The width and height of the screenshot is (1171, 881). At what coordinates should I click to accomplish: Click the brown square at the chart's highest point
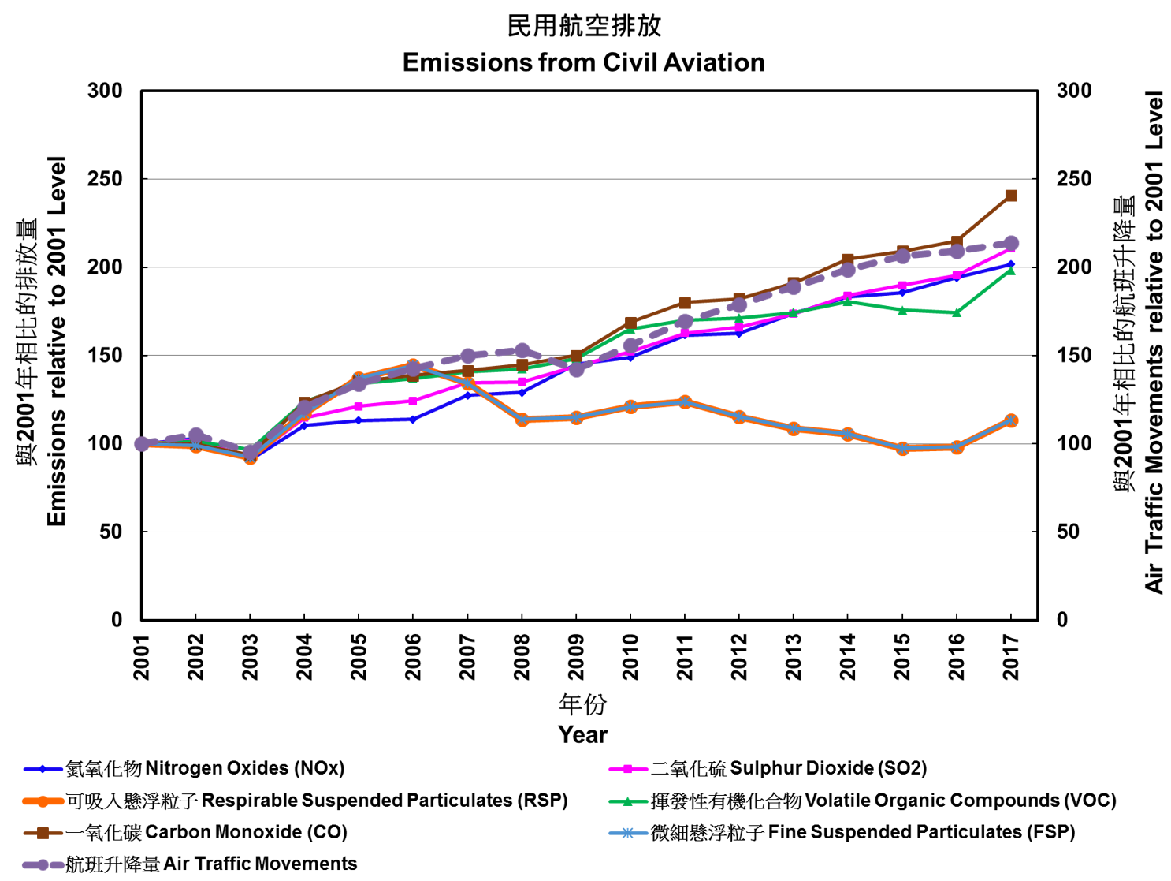pos(1011,196)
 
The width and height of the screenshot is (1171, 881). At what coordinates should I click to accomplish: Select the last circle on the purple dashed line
pos(1011,243)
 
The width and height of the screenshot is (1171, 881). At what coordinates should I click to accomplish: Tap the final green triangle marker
pos(1011,271)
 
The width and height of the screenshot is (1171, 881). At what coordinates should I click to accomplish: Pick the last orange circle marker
pos(1011,420)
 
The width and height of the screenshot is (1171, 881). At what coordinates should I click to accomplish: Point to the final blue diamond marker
pos(1011,264)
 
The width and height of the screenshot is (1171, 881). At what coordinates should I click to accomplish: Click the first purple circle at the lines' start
pos(142,444)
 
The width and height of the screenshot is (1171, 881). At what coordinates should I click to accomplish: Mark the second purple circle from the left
pos(196,435)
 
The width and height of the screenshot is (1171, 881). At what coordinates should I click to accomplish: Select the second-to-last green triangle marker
pos(957,313)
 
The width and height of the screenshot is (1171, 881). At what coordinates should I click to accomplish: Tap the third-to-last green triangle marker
pos(902,310)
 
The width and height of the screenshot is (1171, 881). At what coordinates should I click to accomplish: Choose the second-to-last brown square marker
pos(957,241)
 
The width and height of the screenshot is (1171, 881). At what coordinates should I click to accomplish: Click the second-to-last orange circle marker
pos(957,448)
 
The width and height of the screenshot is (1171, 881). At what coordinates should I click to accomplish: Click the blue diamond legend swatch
pos(43,769)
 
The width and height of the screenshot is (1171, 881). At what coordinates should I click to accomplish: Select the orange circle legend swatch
pos(43,801)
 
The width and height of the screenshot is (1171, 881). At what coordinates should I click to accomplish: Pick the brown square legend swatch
pos(43,833)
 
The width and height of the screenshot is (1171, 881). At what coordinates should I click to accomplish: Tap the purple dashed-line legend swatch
pos(43,864)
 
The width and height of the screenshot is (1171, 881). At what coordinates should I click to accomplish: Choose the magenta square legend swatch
pos(628,769)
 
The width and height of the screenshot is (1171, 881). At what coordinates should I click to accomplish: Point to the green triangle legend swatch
pos(628,801)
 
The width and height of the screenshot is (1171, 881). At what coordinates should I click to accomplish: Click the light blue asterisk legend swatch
pos(628,833)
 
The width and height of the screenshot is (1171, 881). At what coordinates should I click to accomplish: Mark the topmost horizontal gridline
pos(589,179)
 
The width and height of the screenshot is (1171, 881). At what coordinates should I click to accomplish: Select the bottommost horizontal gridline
pos(589,532)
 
